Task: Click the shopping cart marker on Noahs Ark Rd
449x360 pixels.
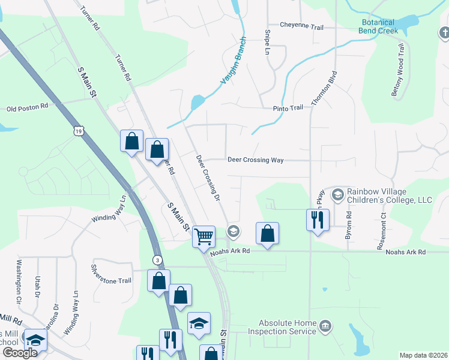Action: tap(203, 236)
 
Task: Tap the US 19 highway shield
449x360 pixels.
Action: tap(78, 130)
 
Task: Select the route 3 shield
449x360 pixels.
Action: tap(157, 259)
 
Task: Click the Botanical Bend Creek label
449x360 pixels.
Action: tap(378, 26)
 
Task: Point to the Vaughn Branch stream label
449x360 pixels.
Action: tap(233, 65)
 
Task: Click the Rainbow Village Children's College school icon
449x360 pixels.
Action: tap(338, 194)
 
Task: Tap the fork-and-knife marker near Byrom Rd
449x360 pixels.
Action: tap(318, 220)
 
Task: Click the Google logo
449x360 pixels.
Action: tap(20, 353)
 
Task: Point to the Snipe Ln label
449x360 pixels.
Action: tap(268, 43)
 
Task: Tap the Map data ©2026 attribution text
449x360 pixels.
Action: tap(423, 355)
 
